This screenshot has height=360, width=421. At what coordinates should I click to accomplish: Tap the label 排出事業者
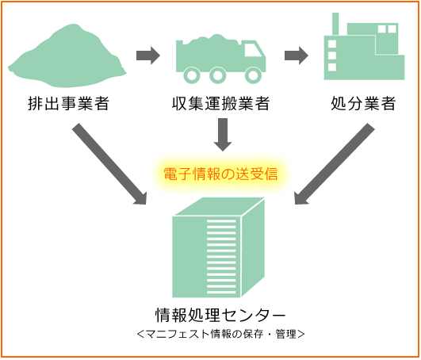68,103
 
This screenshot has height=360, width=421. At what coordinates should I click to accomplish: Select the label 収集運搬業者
220,103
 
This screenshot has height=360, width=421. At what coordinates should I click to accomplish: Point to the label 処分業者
363,103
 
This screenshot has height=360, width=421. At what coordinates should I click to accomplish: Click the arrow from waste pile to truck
148,56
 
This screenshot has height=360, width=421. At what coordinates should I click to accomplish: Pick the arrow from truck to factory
297,56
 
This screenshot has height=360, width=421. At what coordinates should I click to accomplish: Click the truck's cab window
253,50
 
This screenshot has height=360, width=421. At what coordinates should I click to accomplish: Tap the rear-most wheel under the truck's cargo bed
192,75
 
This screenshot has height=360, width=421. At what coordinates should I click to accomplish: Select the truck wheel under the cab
253,75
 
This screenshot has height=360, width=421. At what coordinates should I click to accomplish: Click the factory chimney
335,24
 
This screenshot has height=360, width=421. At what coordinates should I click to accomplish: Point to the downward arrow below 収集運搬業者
223,135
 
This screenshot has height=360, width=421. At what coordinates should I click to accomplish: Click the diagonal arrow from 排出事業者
109,164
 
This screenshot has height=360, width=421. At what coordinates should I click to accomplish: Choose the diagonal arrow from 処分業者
335,164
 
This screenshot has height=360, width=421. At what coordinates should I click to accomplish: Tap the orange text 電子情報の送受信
220,174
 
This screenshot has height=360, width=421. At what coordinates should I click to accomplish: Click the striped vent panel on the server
221,257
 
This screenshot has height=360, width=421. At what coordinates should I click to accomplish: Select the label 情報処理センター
220,315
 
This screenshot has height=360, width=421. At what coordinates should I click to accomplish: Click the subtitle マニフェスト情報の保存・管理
220,334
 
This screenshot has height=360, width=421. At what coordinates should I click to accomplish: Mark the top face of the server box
220,207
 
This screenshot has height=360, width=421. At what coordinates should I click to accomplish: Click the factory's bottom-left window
332,67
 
